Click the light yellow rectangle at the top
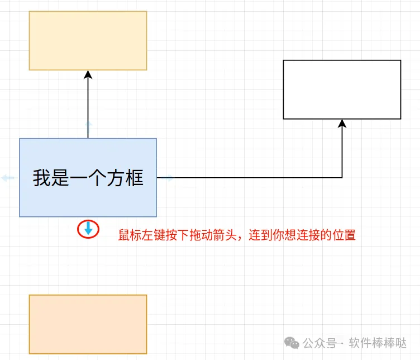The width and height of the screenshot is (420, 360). point(88,40)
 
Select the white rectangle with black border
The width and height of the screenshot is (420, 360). point(342,89)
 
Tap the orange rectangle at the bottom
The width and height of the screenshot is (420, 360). point(88,324)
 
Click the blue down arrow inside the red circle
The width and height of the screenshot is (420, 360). point(88,228)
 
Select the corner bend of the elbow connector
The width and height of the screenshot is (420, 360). point(342,178)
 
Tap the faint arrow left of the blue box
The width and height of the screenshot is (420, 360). point(8,178)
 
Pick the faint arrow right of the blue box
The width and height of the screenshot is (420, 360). point(168,178)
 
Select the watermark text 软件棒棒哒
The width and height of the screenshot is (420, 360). point(378,343)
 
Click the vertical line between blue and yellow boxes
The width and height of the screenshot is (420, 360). point(88,106)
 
